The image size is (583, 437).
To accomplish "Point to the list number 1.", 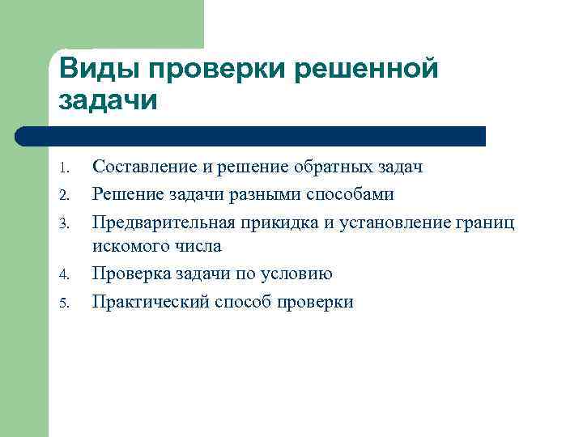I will pos(67,169).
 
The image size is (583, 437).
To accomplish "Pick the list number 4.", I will pos(67,276).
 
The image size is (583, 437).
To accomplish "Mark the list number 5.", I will pos(67,303).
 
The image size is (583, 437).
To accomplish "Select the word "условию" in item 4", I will pos(300,274).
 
